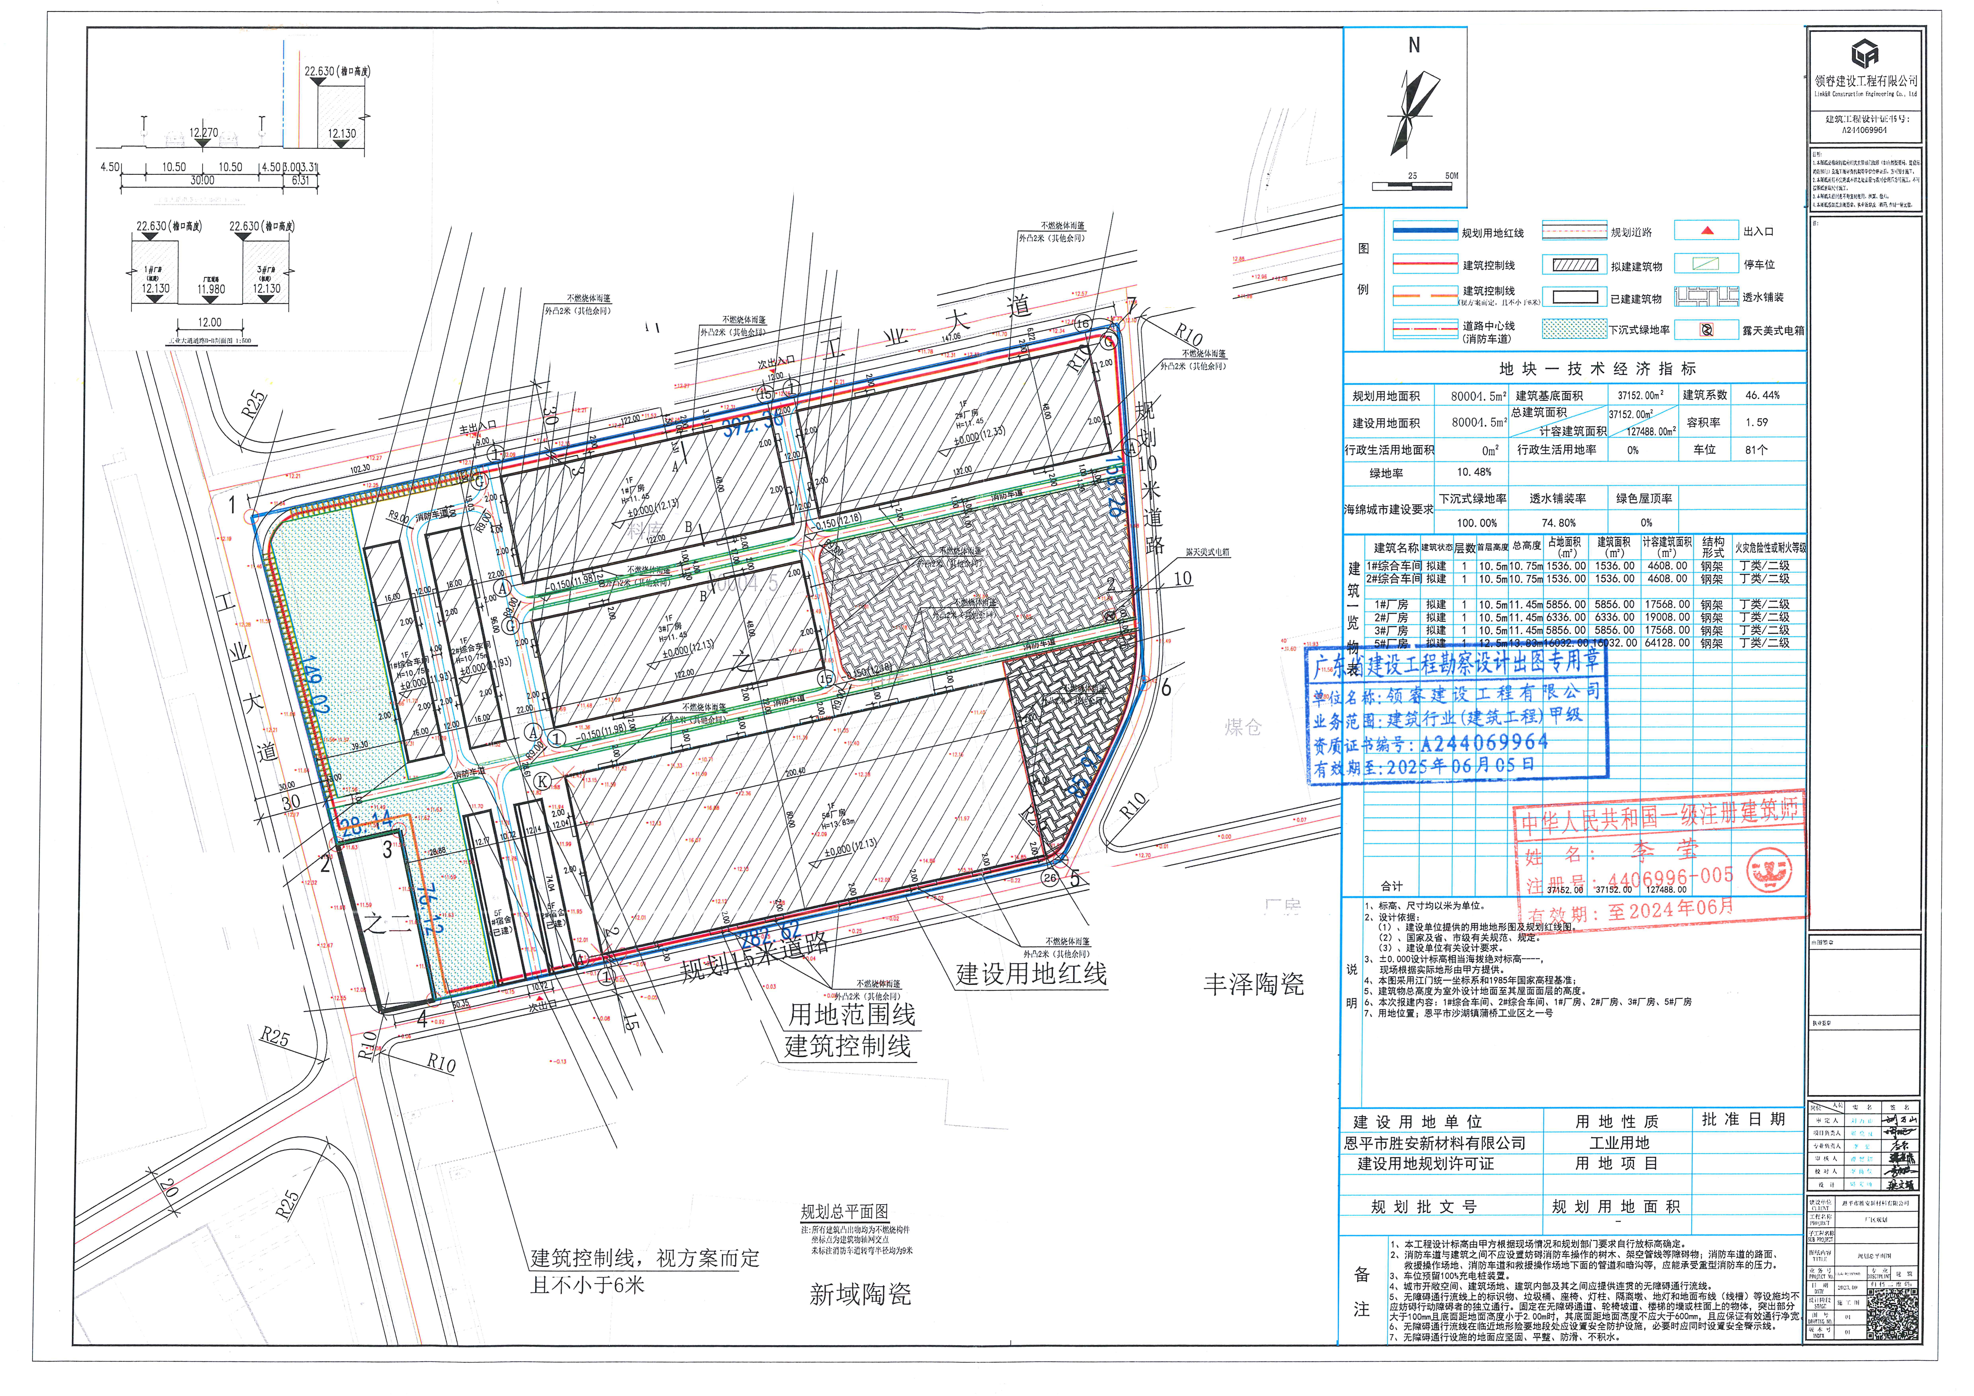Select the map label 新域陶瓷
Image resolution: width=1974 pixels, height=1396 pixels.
point(860,1294)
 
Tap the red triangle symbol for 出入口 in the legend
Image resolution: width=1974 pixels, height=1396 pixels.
point(1707,230)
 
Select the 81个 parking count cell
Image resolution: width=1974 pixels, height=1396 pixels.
point(1756,450)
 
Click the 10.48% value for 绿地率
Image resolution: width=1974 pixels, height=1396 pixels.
point(1475,472)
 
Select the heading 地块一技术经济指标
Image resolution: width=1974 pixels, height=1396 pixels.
point(1598,369)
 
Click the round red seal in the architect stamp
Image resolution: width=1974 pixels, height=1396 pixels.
point(1769,871)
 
